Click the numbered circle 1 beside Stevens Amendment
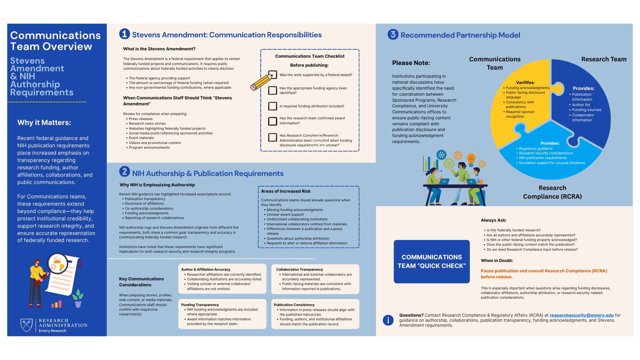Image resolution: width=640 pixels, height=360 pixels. pos(124,34)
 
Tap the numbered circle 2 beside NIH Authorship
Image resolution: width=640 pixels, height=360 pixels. pos(124,172)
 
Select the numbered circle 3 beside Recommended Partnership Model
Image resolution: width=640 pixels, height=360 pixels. pos(393,34)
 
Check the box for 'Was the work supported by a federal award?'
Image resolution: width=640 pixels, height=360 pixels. pos(273,75)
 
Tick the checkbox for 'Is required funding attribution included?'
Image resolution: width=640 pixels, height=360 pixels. pos(273,106)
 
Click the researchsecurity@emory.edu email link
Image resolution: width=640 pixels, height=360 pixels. pos(581,315)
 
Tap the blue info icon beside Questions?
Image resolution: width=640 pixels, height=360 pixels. pos(388,320)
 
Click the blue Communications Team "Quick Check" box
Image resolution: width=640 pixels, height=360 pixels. pos(432,262)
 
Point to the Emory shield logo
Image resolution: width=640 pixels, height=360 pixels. pos(26,325)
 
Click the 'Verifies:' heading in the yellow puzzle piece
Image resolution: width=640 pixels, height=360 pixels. pos(525,83)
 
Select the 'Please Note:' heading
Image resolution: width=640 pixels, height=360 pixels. pos(411,63)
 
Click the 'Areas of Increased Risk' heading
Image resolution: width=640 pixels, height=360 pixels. pos(286,191)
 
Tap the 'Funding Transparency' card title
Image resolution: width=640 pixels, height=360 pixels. pos(200,305)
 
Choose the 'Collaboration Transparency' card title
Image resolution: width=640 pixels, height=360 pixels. pos(299,269)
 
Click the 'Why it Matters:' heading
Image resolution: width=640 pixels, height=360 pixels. pos(44,123)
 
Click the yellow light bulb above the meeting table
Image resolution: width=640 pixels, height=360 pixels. pos(471,159)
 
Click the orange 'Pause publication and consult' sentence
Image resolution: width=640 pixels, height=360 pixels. pos(544,274)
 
